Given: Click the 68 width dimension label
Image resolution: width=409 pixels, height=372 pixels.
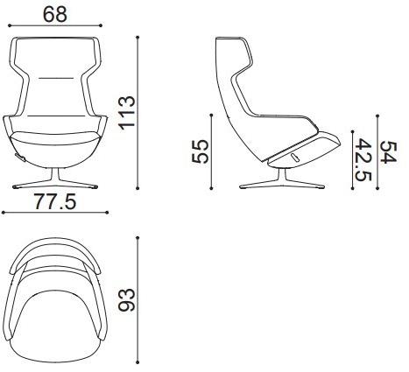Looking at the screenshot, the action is point(55,14).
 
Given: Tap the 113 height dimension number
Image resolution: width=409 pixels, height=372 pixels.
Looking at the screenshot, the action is point(127,113).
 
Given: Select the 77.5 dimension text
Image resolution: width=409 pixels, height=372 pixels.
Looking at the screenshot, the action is point(55,201).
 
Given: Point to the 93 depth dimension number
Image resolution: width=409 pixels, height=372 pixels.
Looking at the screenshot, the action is point(127,300).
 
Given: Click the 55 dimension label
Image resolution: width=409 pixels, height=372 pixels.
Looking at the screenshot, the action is point(200,151).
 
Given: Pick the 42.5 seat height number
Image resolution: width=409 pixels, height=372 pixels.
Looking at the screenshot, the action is point(363,160).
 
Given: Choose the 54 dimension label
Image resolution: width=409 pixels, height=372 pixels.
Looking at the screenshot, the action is point(388,152).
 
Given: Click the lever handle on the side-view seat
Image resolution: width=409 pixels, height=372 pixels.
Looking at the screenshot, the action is point(294,157).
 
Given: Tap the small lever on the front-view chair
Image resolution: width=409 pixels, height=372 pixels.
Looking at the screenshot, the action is point(20,158).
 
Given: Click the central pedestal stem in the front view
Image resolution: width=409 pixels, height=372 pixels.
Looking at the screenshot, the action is point(55,175).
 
